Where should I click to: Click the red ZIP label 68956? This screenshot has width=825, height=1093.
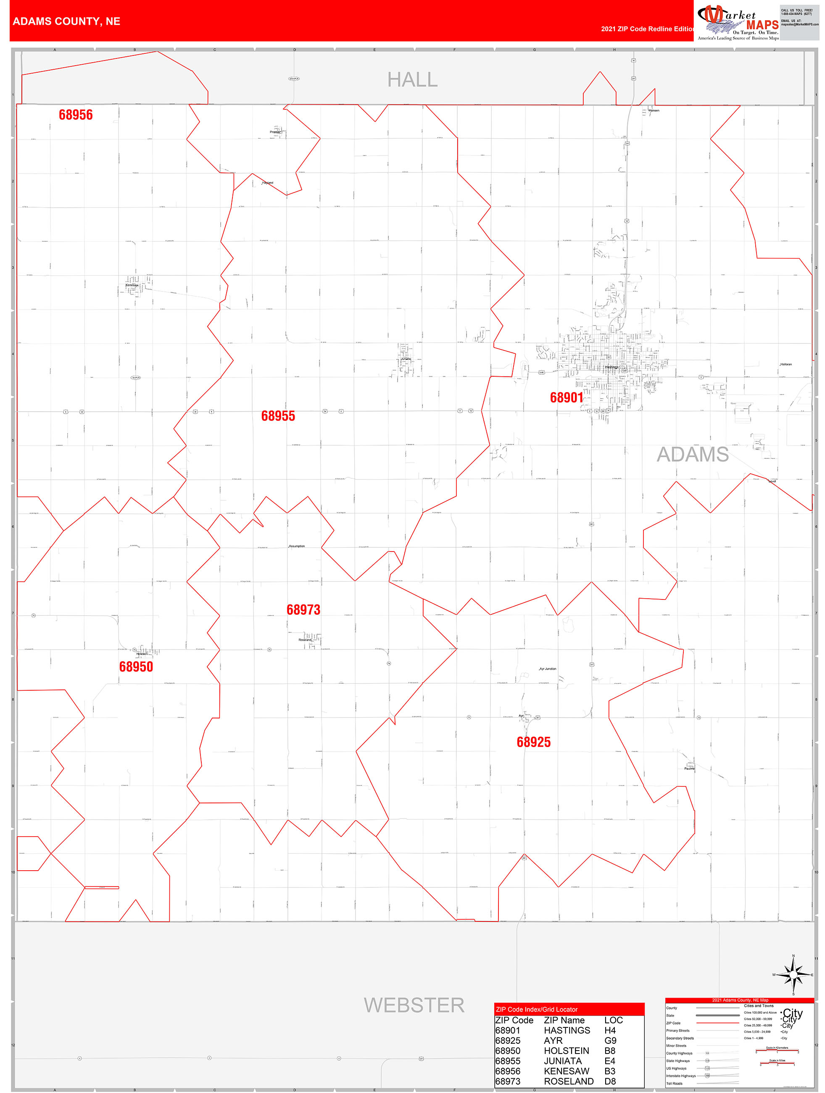pyautogui.click(x=76, y=115)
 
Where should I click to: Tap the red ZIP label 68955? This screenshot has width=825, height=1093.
pyautogui.click(x=278, y=416)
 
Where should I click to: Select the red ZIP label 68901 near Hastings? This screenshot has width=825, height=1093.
pyautogui.click(x=567, y=398)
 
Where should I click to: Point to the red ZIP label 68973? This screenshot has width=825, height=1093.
pyautogui.click(x=303, y=610)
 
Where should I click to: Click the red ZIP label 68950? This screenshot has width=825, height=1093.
pyautogui.click(x=136, y=667)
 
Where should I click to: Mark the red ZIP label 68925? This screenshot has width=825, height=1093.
pyautogui.click(x=533, y=742)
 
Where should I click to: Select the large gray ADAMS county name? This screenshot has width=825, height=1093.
pyautogui.click(x=692, y=454)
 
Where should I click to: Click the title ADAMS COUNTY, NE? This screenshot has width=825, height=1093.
pyautogui.click(x=66, y=21)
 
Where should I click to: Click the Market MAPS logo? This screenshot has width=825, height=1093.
pyautogui.click(x=738, y=22)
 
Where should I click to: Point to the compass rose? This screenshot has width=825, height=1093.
pyautogui.click(x=793, y=975)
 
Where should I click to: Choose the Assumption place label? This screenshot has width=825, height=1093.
pyautogui.click(x=296, y=546)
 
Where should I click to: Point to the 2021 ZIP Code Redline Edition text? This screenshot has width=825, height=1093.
pyautogui.click(x=647, y=29)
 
